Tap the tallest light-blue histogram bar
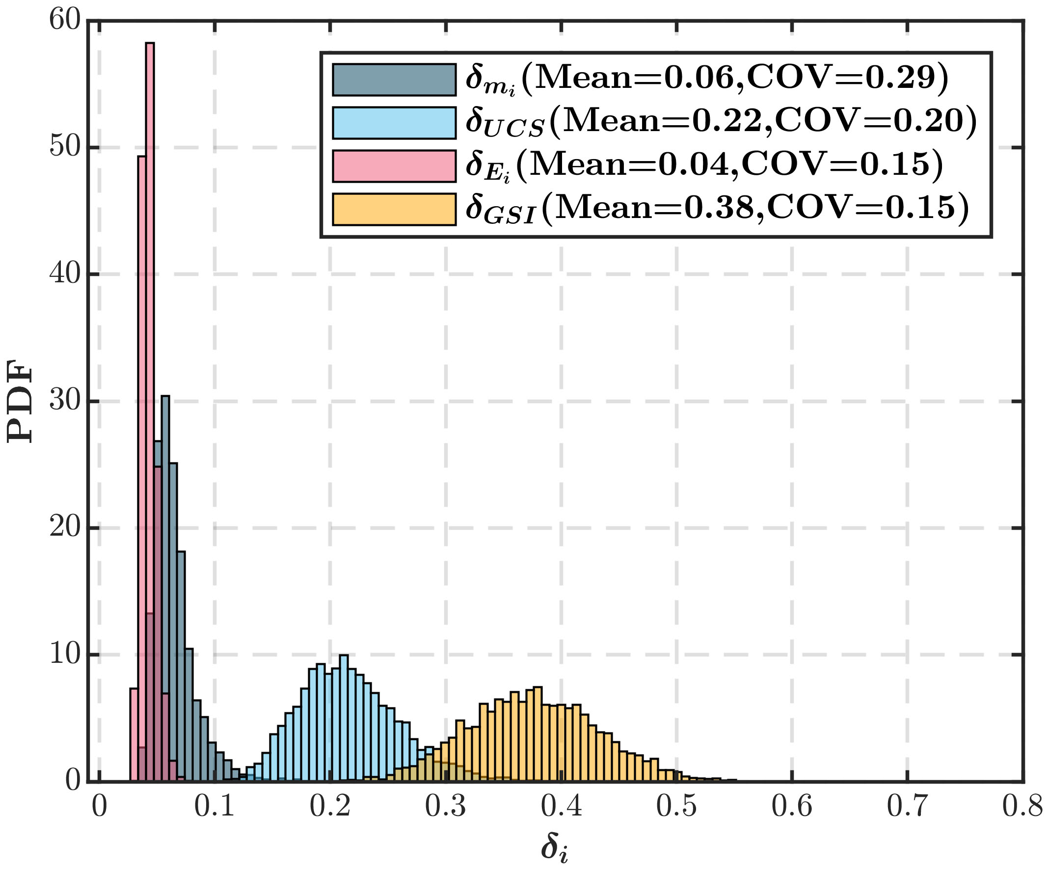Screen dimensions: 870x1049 [x=344, y=720]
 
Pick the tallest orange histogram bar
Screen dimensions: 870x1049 [x=538, y=734]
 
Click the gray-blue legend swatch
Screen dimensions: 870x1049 [x=394, y=80]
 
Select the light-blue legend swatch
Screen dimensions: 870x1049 [x=394, y=122]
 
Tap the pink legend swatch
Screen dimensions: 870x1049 [x=394, y=166]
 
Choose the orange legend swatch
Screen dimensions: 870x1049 [x=394, y=209]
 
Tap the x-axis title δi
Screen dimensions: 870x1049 [x=554, y=848]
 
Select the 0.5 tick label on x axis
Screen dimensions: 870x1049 [x=676, y=807]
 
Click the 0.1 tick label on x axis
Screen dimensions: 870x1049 [x=215, y=807]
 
